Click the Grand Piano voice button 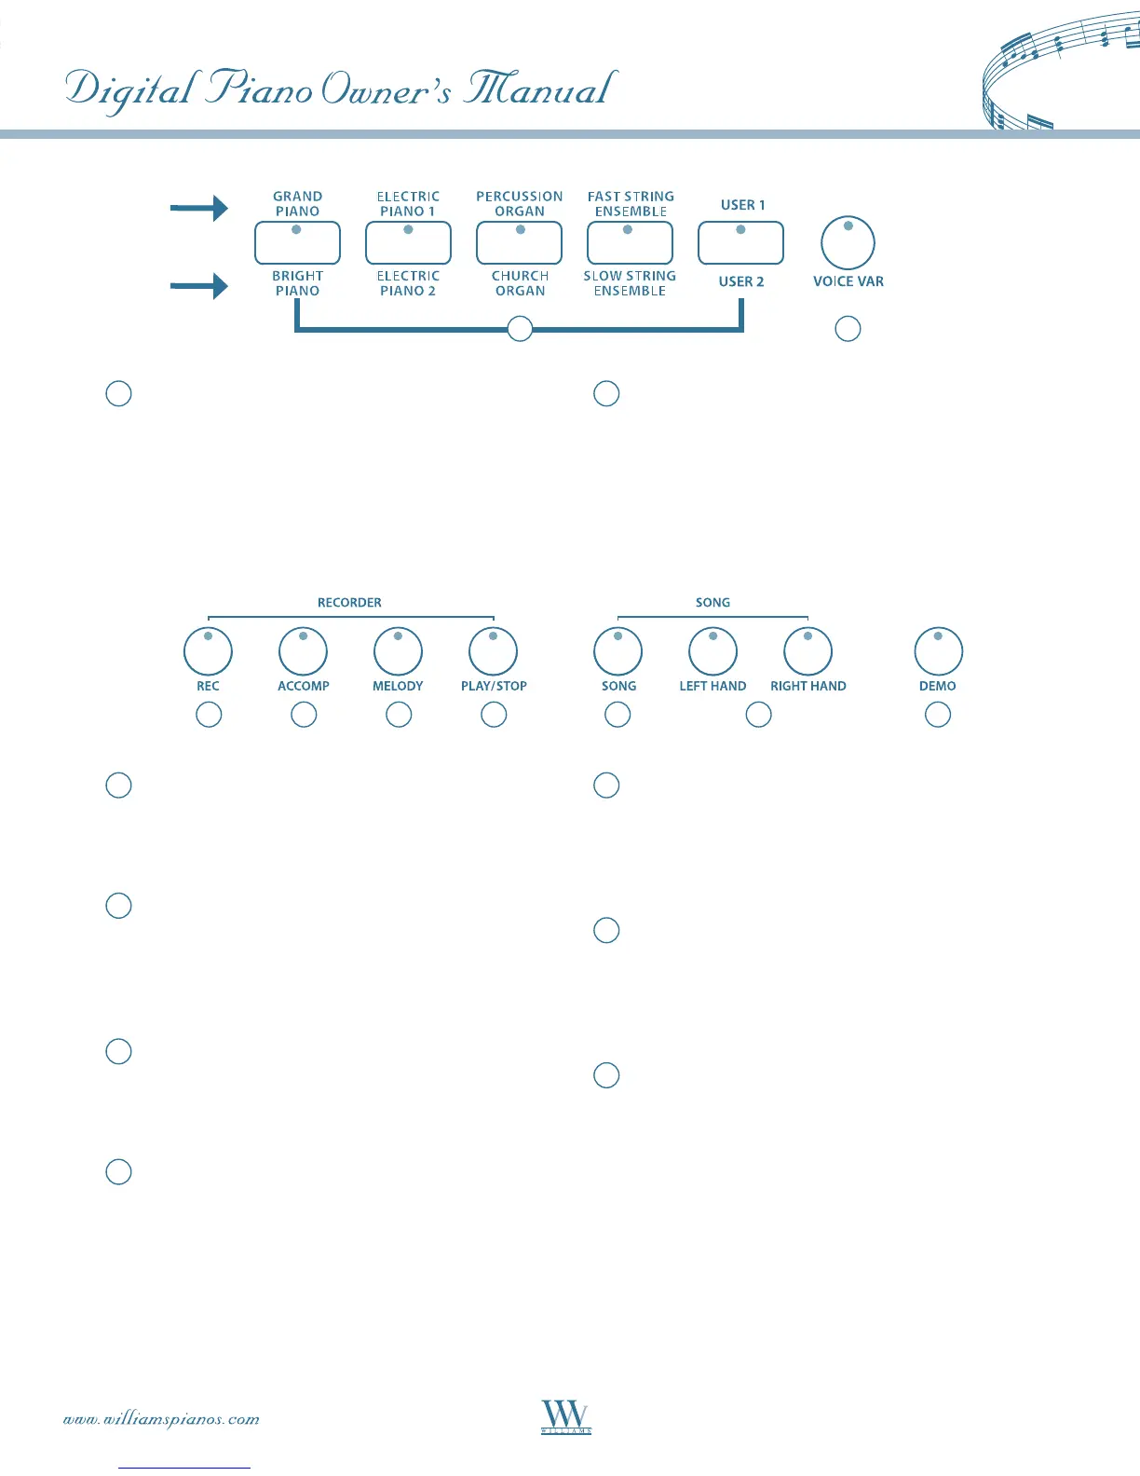tap(297, 243)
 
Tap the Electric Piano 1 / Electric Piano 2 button tap(408, 243)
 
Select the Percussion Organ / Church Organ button tap(519, 243)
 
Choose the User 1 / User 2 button tap(740, 243)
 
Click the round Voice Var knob tap(848, 243)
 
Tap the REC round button tap(208, 651)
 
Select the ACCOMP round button tap(303, 651)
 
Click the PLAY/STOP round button tap(493, 651)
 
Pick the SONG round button tap(617, 651)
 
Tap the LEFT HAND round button tap(712, 651)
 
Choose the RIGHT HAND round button tap(807, 651)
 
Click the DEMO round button tap(938, 651)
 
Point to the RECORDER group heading tap(349, 603)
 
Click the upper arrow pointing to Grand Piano tap(198, 208)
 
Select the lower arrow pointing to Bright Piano tap(198, 285)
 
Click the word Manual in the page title tap(540, 89)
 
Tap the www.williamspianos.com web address tap(161, 1419)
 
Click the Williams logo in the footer tap(566, 1416)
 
